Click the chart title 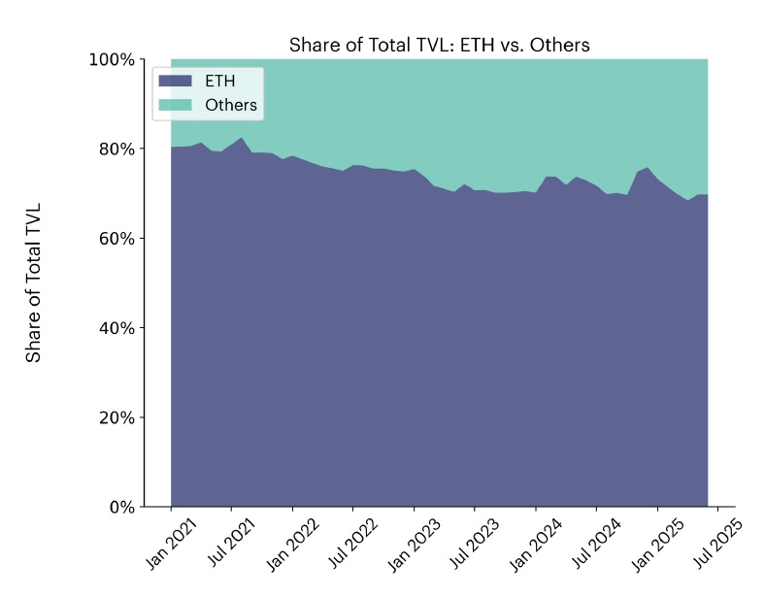(x=439, y=46)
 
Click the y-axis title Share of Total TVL (x=34, y=283)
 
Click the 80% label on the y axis (x=115, y=149)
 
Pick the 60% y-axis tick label (x=115, y=239)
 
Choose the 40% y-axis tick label (x=115, y=328)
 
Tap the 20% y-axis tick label (x=115, y=417)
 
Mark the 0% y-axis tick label (x=119, y=507)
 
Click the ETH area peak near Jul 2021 (x=241, y=139)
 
